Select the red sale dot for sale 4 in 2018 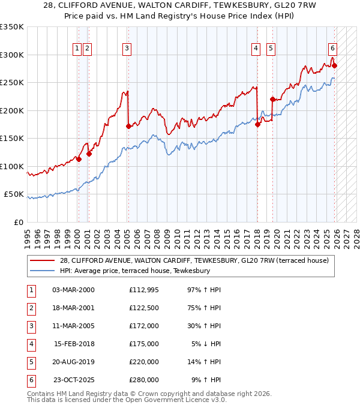pyautogui.click(x=257, y=125)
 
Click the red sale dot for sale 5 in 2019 pyautogui.click(x=272, y=100)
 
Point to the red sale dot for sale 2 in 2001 pyautogui.click(x=89, y=154)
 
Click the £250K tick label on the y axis pyautogui.click(x=12, y=83)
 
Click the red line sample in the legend pyautogui.click(x=43, y=261)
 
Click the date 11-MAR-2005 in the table pyautogui.click(x=73, y=326)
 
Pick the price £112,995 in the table pyautogui.click(x=144, y=290)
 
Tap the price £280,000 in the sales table pyautogui.click(x=144, y=380)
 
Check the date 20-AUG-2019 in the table pyautogui.click(x=73, y=362)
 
